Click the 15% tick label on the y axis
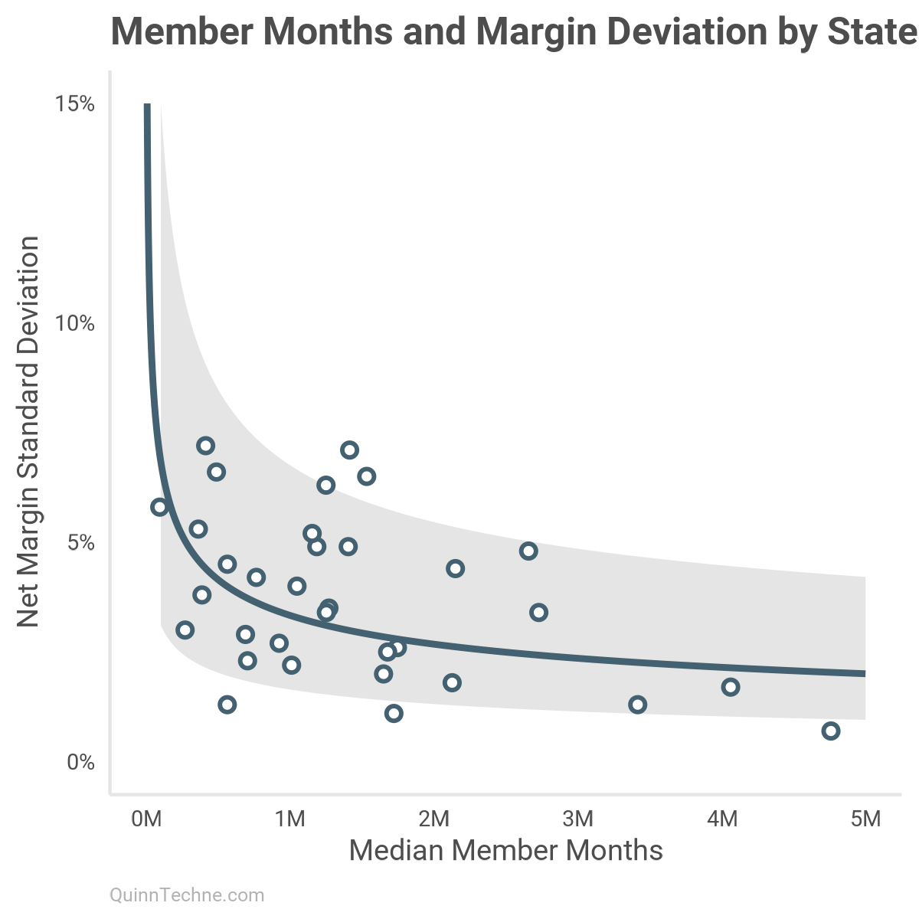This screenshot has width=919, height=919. pos(75,104)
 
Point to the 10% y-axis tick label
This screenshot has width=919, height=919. pos(75,324)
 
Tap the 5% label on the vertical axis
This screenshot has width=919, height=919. pos(80,544)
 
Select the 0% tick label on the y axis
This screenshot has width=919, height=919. pos(80,763)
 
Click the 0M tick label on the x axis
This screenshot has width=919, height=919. pos(146,819)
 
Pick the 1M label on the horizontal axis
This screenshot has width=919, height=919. pos(290,819)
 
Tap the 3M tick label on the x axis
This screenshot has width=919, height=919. pos(578,819)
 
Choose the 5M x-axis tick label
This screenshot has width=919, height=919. pos(866,819)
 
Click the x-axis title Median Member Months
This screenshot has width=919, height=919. pos(505,850)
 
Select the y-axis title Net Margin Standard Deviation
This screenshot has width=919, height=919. pos(28,431)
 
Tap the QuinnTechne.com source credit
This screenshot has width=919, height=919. pos(187,894)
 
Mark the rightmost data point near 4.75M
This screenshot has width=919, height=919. pos(830,731)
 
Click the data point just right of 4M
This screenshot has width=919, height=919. pos(730,687)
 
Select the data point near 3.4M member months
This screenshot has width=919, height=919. pos(637,705)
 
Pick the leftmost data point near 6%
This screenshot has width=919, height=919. pos(159,507)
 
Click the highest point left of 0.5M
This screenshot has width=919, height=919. pos(205,446)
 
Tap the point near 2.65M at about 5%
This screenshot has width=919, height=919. pos(528,551)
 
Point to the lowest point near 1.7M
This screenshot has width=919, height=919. pos(394,713)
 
